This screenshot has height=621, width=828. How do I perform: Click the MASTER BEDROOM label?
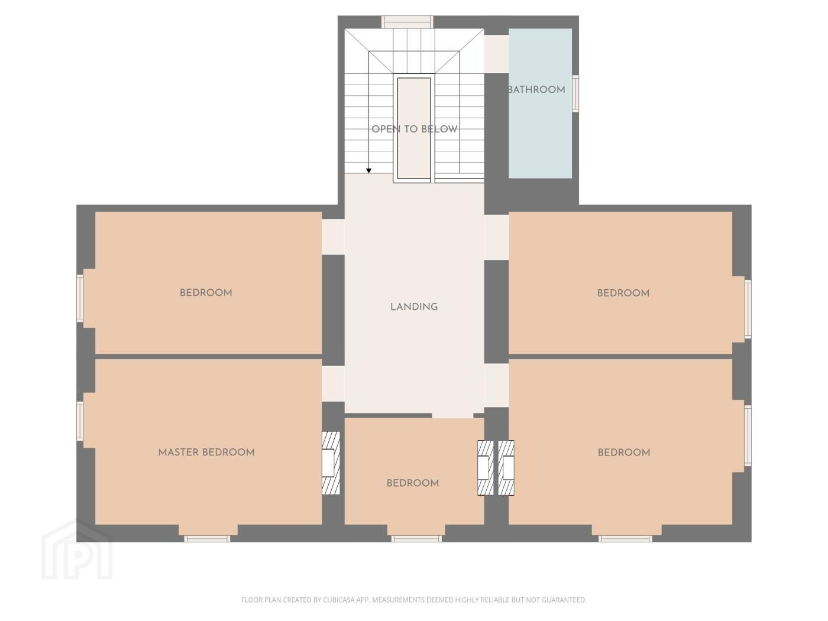(x=206, y=452)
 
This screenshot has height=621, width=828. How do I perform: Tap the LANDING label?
(x=414, y=307)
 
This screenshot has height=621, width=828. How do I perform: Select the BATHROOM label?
(x=536, y=90)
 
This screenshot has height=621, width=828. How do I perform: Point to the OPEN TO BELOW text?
(x=414, y=129)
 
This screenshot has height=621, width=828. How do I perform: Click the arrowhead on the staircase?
(x=368, y=171)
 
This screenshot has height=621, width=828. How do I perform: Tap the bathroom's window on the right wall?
(x=575, y=93)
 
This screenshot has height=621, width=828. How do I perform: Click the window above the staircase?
(x=407, y=22)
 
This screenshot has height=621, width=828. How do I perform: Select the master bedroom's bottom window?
(x=207, y=538)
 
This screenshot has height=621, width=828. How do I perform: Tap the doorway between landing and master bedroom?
(x=333, y=383)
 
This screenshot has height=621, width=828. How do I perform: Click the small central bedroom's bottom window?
(x=416, y=538)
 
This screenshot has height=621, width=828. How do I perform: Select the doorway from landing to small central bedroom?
(x=452, y=416)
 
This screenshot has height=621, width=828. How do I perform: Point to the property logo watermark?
(x=77, y=550)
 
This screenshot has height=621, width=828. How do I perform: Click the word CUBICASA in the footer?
(x=338, y=600)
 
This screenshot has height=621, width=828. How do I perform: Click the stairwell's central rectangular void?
(x=414, y=128)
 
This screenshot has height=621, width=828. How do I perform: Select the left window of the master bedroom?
(x=80, y=421)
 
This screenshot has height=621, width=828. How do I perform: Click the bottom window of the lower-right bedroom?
(x=625, y=538)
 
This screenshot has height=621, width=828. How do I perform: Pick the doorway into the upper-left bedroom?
(x=333, y=237)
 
